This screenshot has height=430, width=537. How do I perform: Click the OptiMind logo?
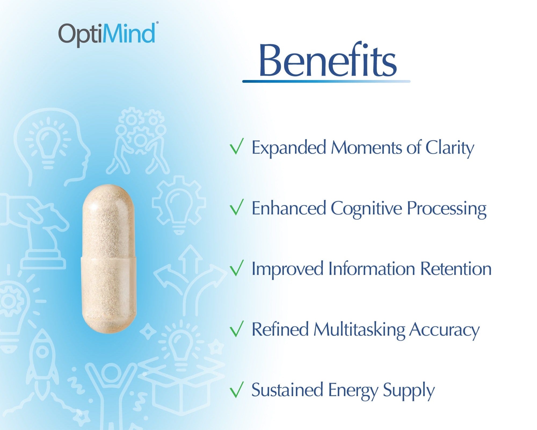pos(107,34)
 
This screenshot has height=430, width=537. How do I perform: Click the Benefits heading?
pos(328,60)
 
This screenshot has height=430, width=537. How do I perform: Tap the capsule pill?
pos(109,259)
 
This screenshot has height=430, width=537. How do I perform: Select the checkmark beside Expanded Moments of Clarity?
pos(237,146)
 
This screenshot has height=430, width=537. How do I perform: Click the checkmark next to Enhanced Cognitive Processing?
pos(237,207)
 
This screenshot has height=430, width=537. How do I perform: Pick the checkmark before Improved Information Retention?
pos(237,268)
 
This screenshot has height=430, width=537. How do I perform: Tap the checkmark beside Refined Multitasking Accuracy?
pos(237,329)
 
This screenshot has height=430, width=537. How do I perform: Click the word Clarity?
pos(450,148)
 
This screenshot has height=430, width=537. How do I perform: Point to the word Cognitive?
pos(366,209)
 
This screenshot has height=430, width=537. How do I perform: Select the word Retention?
pos(456,269)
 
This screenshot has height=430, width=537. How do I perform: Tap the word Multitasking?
pos(359,329)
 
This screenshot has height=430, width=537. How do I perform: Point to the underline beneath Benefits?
pos(326,81)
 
